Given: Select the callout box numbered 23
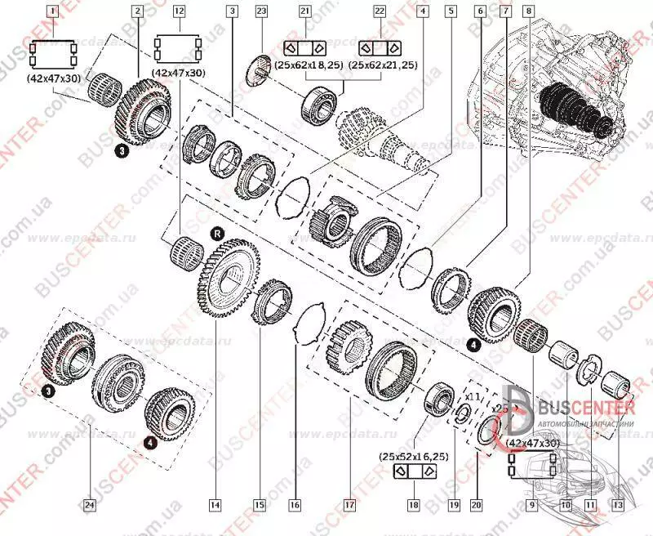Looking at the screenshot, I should (x=261, y=11).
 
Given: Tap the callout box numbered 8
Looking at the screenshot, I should (x=530, y=11).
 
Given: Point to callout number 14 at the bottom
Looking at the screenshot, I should (x=215, y=505).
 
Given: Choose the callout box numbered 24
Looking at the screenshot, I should (x=91, y=505).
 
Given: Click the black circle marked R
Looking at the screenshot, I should (x=218, y=233).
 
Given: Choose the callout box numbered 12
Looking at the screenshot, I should (x=179, y=11).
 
